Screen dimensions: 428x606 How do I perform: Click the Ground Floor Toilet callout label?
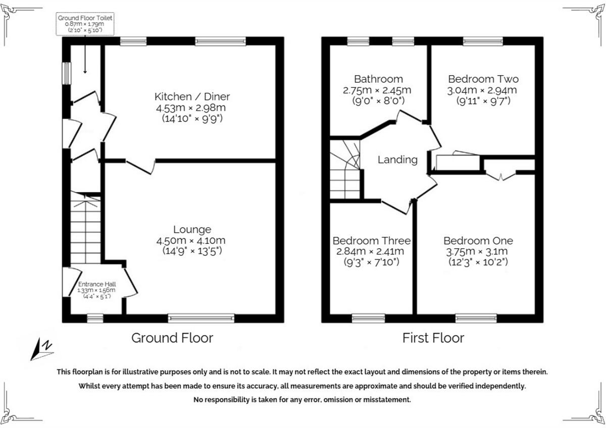[x=85, y=24]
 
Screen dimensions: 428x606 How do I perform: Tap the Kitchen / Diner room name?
[x=192, y=96]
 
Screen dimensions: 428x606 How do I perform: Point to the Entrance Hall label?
[x=96, y=284]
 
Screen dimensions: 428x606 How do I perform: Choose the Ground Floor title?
[x=172, y=338]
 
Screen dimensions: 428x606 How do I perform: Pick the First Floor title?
[x=433, y=338]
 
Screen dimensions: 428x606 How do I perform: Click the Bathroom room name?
[x=378, y=79]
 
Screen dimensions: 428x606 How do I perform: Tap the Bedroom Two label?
[x=483, y=79]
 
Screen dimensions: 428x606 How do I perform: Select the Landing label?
[x=397, y=159]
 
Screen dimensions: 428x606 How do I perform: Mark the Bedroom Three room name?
[x=371, y=241]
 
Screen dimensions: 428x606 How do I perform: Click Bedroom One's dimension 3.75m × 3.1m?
[x=478, y=251]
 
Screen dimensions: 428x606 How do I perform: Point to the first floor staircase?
[x=345, y=170]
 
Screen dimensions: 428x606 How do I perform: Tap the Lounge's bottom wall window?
[x=201, y=318]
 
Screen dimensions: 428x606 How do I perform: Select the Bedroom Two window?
[x=483, y=41]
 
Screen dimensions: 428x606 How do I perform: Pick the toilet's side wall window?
[x=66, y=74]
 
